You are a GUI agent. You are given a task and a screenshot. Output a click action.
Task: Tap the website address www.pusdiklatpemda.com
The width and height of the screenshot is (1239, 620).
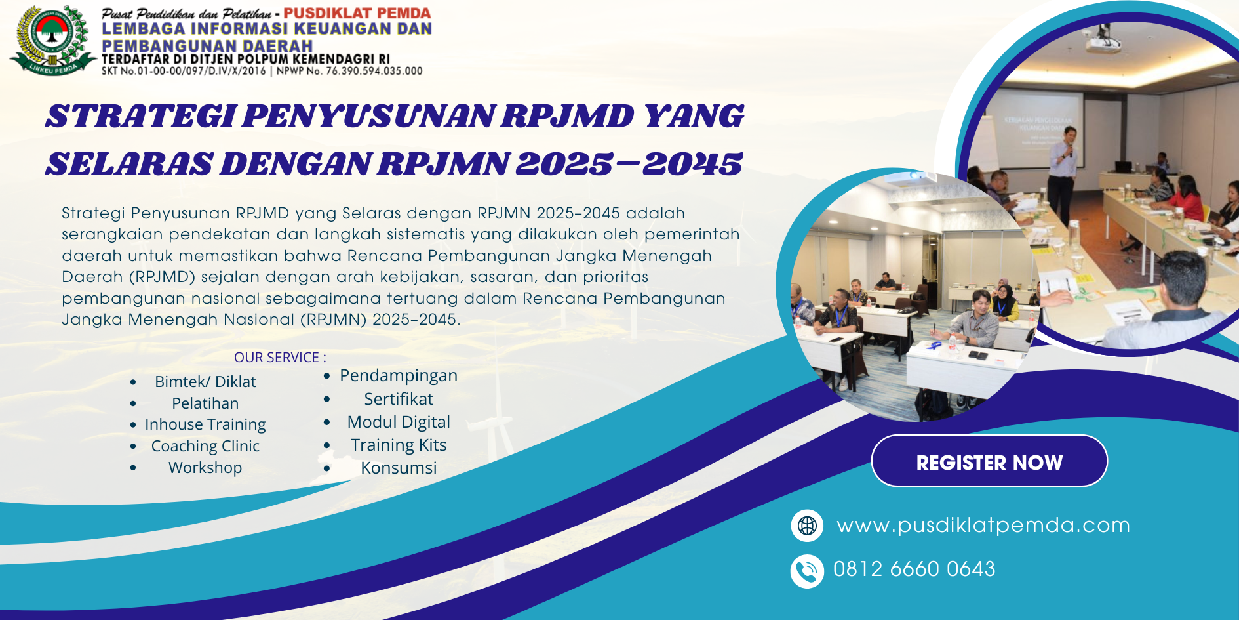coord(983,525)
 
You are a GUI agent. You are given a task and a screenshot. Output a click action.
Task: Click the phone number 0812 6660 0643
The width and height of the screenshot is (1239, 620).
coord(914,569)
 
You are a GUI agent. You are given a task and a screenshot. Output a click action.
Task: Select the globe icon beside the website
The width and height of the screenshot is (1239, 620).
coord(807,526)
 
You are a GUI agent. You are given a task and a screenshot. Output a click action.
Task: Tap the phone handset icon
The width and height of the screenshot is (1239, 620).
coord(807,571)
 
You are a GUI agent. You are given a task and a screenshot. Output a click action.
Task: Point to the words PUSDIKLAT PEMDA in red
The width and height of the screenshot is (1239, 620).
coord(357,13)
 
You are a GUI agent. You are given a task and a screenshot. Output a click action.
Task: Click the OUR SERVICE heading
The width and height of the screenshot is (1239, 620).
coord(280,358)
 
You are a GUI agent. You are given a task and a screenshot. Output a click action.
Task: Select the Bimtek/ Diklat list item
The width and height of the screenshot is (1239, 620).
coord(205,382)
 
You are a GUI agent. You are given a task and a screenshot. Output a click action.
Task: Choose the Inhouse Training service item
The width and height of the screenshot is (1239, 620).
coord(205,425)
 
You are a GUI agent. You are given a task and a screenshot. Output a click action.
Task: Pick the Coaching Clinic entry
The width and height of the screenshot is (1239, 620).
coord(205,446)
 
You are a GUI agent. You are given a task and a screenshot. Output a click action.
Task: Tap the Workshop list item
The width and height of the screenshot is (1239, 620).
coord(205,468)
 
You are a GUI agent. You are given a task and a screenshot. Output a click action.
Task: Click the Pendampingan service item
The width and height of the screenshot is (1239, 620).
coord(399,376)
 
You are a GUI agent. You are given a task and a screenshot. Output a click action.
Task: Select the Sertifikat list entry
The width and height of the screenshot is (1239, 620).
coord(399,399)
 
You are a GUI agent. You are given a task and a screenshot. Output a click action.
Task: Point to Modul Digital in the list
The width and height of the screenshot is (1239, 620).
coord(399,422)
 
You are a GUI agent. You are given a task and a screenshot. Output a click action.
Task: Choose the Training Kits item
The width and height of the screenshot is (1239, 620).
coord(399,445)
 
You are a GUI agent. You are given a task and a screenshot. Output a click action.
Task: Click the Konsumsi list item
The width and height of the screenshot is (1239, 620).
coord(399,468)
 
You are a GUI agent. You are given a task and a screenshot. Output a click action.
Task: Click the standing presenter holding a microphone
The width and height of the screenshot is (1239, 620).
coord(1063,174)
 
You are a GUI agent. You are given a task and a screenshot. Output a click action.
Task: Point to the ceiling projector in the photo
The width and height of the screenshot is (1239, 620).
coord(1103,43)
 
